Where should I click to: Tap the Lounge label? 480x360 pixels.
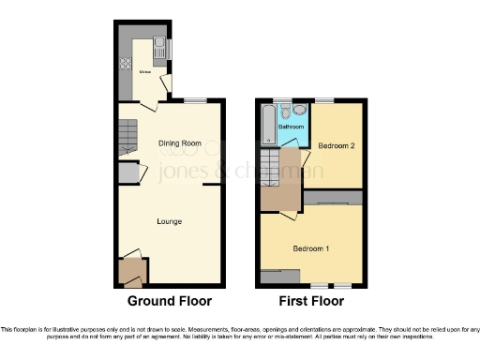(169, 221)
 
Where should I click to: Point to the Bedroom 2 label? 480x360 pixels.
(335, 146)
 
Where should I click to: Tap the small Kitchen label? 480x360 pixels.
(145, 72)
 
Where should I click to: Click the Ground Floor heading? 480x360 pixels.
(169, 301)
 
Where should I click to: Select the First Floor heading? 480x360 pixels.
(310, 301)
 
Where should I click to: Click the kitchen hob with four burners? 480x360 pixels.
(126, 66)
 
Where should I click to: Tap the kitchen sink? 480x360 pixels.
(159, 48)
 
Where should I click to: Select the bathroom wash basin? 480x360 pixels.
(298, 110)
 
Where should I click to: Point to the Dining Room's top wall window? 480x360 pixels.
(195, 100)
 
